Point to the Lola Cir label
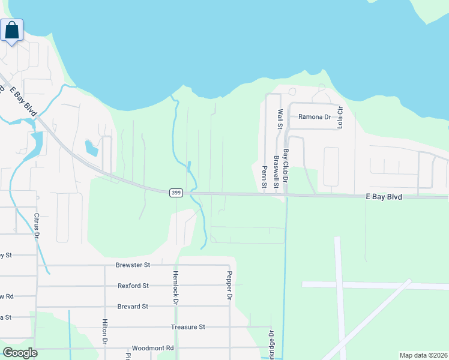point(339,118)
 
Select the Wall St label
point(279,119)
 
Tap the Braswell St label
point(276,172)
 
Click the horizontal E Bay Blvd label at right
point(384,197)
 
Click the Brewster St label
point(133,265)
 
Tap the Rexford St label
point(133,286)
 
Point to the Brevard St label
point(133,307)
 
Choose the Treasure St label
point(188,327)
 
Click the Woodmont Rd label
point(152,348)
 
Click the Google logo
point(20,353)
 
